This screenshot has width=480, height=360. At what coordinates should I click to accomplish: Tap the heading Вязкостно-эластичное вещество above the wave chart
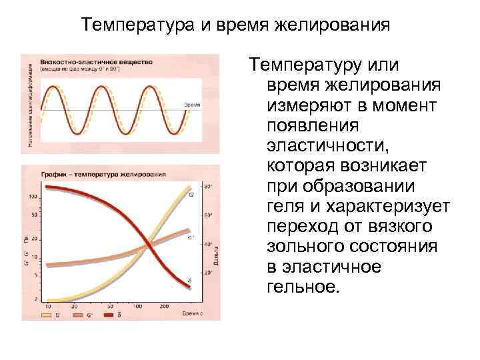(x=97, y=61)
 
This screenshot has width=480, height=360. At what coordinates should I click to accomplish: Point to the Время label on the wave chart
(x=193, y=105)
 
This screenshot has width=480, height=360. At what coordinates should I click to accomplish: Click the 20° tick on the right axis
(x=207, y=273)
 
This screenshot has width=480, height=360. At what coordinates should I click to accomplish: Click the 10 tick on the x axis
(x=47, y=306)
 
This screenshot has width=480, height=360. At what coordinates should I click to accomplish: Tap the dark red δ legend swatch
(x=106, y=313)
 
